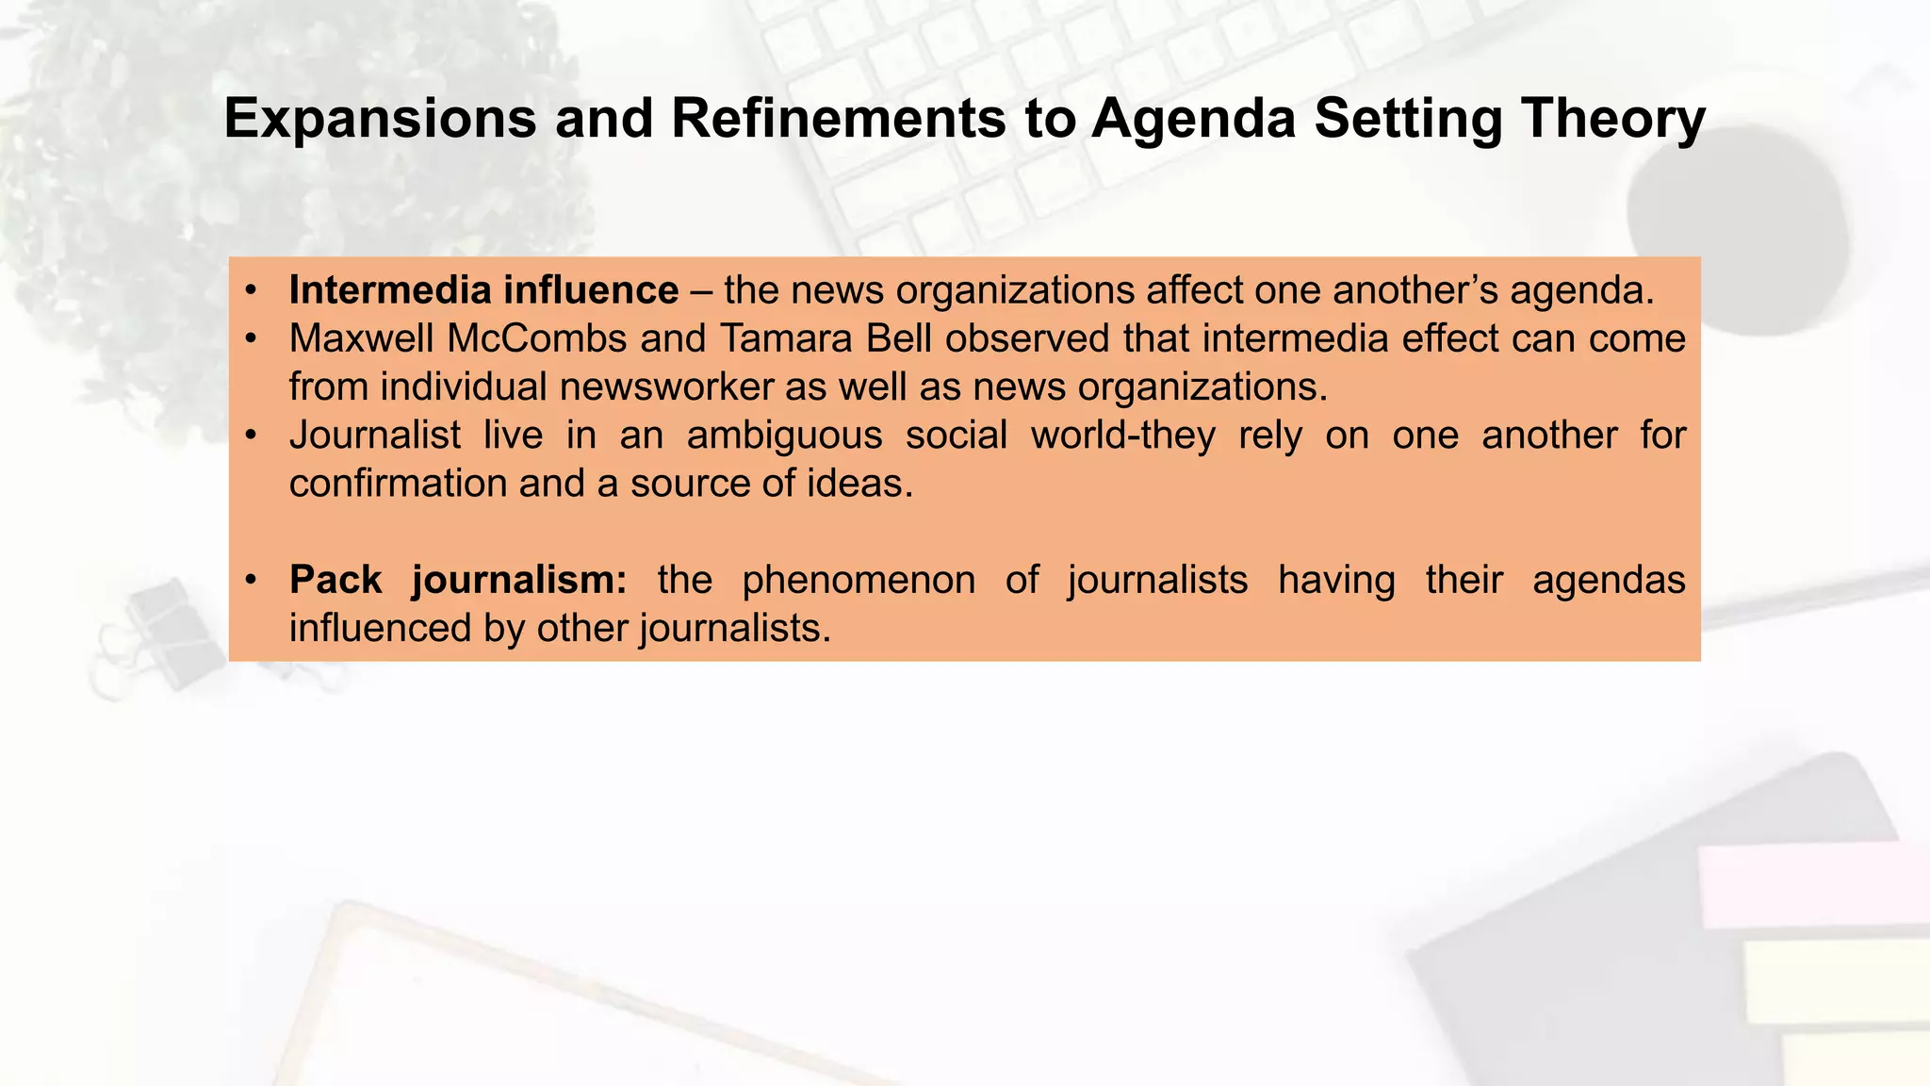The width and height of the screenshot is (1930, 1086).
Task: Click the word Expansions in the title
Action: [380, 120]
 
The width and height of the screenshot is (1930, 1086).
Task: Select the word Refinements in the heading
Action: [838, 120]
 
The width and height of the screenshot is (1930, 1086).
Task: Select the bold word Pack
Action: [335, 580]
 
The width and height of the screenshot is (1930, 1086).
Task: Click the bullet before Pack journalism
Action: [251, 580]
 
